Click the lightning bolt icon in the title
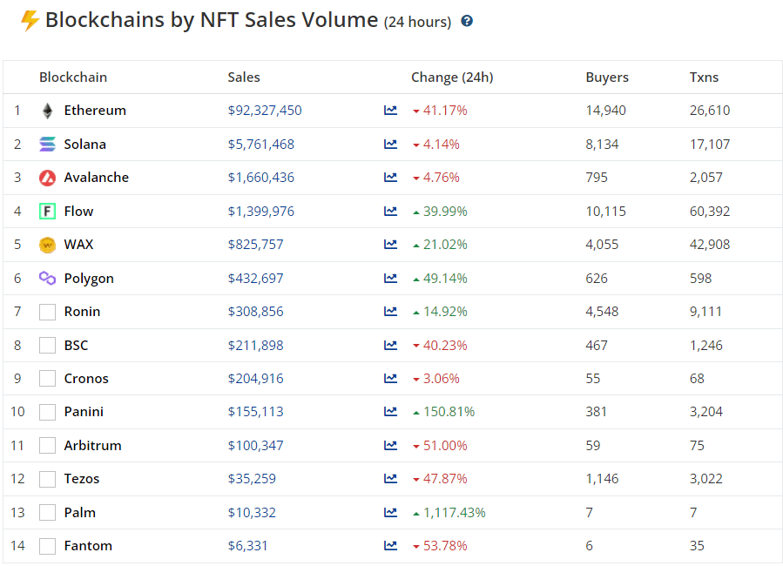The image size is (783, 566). (30, 21)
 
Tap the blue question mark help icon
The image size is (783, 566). (467, 21)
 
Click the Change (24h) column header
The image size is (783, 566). (452, 77)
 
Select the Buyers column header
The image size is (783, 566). (607, 77)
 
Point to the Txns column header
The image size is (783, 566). (704, 77)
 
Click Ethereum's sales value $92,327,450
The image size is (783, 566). (265, 111)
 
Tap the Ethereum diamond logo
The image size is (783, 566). (47, 111)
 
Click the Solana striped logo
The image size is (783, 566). (47, 145)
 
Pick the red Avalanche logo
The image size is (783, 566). (47, 178)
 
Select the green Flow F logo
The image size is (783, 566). (47, 211)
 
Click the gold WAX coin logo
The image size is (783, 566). (47, 245)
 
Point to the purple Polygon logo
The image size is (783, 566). (47, 278)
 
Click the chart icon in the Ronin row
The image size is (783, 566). (390, 312)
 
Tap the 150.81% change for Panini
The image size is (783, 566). (449, 412)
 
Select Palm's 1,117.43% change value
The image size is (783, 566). (455, 513)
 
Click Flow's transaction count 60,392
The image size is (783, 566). (710, 212)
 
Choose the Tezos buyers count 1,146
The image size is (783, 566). (602, 479)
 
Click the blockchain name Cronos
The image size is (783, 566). (86, 379)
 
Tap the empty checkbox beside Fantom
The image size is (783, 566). (47, 546)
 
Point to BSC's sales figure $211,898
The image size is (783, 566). (256, 346)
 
